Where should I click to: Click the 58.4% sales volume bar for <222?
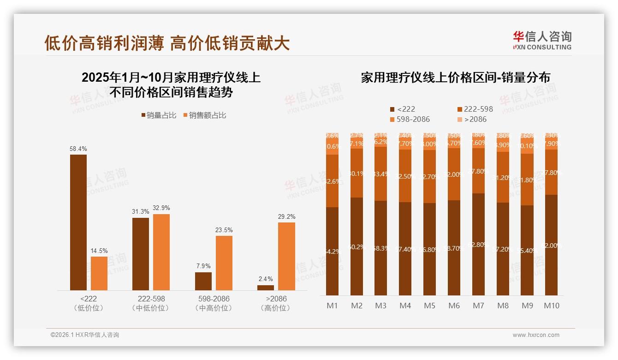click(x=78, y=222)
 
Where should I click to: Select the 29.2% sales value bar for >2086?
click(x=286, y=256)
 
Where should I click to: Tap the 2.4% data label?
click(x=266, y=279)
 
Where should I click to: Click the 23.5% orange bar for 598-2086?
click(x=224, y=263)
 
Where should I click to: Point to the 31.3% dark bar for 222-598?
click(x=141, y=254)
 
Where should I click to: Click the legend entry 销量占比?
click(x=159, y=115)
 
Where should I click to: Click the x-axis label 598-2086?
click(x=213, y=299)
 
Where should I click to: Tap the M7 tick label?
click(x=478, y=306)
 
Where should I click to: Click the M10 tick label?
click(x=552, y=306)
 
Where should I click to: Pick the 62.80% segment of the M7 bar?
click(x=478, y=244)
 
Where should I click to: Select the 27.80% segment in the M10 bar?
click(x=552, y=172)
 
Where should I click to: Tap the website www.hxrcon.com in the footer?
click(x=536, y=335)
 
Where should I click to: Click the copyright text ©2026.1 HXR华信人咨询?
click(x=85, y=335)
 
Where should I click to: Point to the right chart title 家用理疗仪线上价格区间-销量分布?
click(x=455, y=78)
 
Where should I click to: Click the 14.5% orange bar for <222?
click(x=99, y=273)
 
